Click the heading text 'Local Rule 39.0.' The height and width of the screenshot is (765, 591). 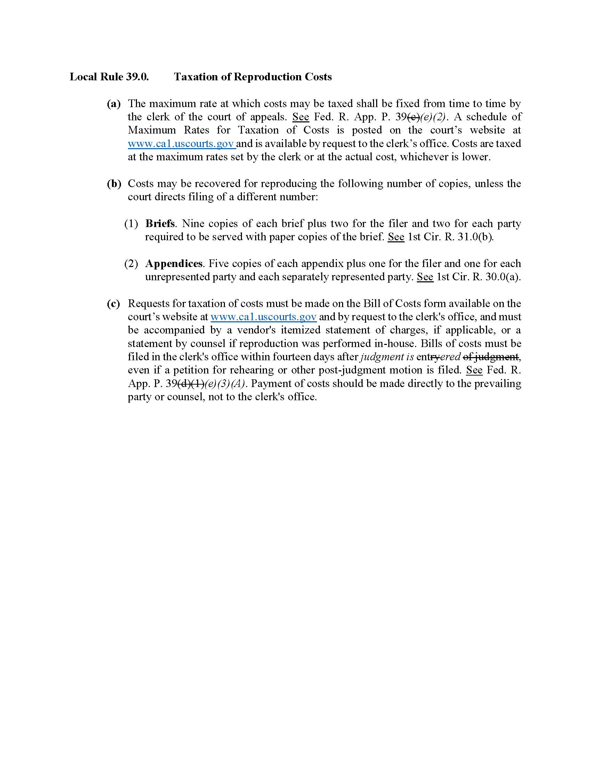(109, 77)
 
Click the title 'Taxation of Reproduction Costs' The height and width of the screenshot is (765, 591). (253, 77)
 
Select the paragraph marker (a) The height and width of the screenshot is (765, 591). (114, 104)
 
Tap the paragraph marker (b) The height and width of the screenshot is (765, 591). (114, 184)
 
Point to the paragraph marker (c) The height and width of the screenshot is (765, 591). (113, 303)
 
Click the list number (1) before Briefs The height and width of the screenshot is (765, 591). (131, 224)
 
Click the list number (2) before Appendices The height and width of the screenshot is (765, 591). (131, 264)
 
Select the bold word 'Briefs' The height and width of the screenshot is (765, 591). (160, 224)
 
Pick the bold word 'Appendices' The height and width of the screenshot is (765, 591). (174, 264)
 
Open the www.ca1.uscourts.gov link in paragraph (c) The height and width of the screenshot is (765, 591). (263, 317)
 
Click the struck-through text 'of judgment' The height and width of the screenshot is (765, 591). (491, 356)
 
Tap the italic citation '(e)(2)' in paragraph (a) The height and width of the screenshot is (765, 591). (433, 117)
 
